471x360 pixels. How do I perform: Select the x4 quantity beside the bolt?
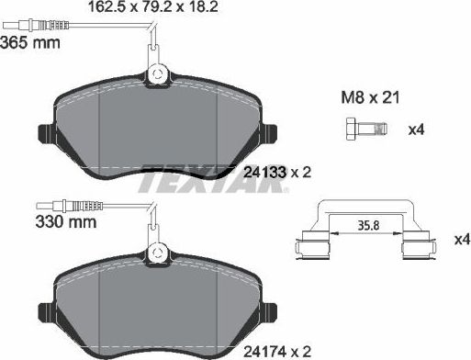click(416, 129)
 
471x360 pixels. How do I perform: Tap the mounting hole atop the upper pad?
click(156, 74)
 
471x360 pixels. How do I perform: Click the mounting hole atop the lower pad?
click(156, 252)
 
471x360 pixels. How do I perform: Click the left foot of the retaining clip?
click(309, 247)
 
